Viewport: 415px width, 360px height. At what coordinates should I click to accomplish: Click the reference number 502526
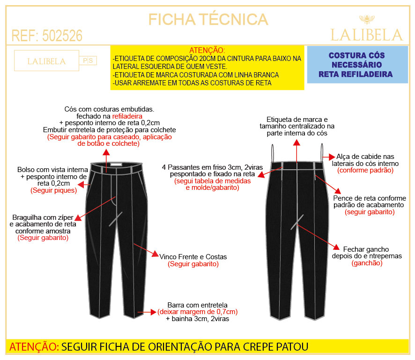62,36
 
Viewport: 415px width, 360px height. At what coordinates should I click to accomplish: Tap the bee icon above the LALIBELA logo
367,19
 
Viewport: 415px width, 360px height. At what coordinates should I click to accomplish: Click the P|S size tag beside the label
88,60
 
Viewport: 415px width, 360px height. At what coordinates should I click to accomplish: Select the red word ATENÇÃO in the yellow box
207,50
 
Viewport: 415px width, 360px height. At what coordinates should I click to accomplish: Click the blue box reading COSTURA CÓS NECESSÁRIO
357,65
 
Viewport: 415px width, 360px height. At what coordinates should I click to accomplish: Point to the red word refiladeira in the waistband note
127,116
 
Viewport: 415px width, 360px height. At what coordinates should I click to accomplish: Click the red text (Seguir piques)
54,190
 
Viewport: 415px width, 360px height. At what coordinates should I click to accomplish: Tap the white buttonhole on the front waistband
116,165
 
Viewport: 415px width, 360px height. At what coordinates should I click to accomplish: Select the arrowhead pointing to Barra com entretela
153,312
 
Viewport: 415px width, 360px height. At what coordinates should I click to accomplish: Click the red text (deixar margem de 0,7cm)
198,312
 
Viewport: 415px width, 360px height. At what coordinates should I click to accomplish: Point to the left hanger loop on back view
273,153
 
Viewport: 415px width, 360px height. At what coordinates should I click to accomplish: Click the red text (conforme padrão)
365,170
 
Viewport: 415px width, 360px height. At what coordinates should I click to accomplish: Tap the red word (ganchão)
367,263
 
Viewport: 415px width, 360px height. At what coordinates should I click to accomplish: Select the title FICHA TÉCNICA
208,19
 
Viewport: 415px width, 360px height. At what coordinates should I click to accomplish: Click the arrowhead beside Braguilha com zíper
78,218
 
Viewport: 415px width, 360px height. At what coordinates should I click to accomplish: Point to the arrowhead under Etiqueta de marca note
296,142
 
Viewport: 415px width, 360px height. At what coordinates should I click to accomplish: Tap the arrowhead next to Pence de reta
338,191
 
